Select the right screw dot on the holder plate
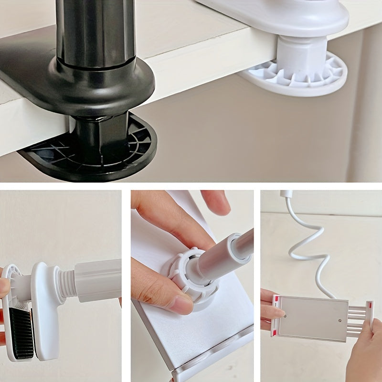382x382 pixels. pos(340,320)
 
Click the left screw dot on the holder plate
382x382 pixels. pos(285,316)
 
